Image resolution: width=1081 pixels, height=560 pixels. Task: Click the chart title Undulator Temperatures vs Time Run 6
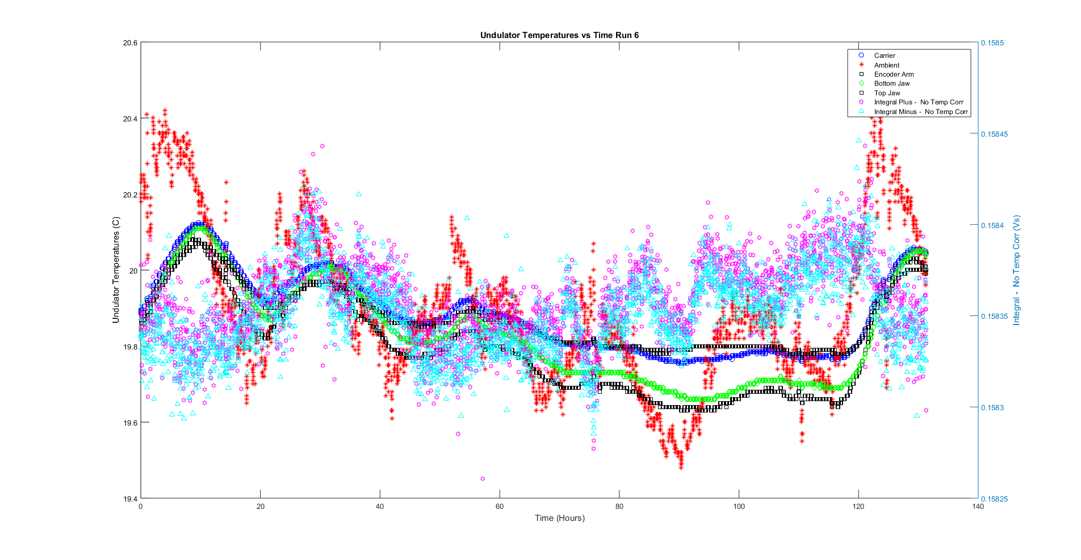[559, 35]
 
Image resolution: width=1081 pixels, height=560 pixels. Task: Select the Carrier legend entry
[884, 56]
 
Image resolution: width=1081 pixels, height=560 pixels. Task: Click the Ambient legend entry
[886, 65]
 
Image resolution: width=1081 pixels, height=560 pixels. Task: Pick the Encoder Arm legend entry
[894, 74]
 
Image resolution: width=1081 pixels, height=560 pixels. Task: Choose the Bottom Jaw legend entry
[891, 83]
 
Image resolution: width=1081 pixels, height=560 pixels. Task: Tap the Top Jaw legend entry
[887, 93]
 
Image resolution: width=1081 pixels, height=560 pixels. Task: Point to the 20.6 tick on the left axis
[130, 43]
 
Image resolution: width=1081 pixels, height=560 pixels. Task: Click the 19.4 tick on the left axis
[130, 499]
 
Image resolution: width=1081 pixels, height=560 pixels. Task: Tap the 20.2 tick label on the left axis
[130, 195]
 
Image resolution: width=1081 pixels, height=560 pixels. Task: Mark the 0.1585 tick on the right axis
[992, 43]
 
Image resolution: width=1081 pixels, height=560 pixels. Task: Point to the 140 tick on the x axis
[978, 507]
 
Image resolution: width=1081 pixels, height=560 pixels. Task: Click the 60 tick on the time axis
[500, 507]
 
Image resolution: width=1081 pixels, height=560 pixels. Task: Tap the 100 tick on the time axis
[739, 507]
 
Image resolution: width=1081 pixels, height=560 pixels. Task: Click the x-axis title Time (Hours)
[559, 518]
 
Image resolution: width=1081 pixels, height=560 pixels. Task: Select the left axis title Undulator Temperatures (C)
[116, 270]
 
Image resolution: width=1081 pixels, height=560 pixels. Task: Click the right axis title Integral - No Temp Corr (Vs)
[1016, 270]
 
